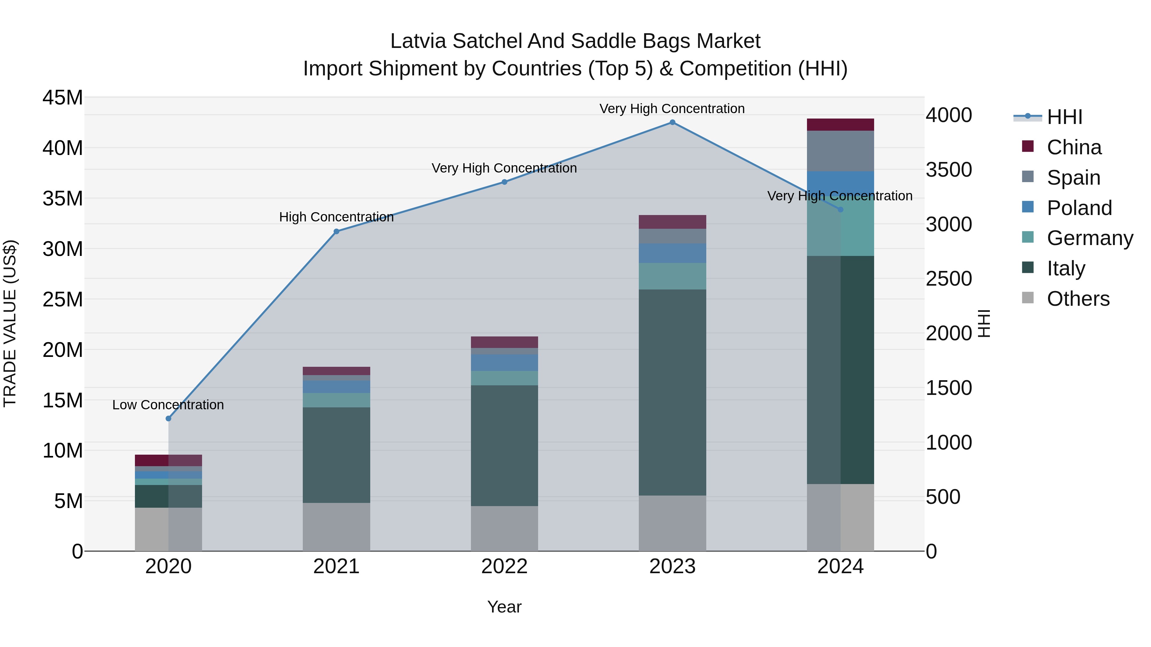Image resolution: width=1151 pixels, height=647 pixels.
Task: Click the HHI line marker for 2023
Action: [x=672, y=122]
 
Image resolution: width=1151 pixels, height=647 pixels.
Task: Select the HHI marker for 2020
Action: [x=168, y=418]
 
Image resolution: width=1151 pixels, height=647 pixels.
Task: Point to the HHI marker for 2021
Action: [x=336, y=231]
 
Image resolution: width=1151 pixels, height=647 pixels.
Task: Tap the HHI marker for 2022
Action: [x=505, y=182]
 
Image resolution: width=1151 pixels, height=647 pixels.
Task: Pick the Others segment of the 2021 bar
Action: [x=336, y=527]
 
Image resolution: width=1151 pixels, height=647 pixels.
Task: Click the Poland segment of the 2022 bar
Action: [x=505, y=363]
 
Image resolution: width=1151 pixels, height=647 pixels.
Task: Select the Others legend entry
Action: [x=1078, y=299]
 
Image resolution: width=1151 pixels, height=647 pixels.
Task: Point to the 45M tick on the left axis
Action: [x=63, y=97]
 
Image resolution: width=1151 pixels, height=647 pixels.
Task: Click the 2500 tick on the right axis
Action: [x=949, y=279]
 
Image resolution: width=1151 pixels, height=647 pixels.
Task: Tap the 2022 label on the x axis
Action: [x=505, y=566]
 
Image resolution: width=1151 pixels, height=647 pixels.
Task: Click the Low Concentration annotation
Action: [x=168, y=404]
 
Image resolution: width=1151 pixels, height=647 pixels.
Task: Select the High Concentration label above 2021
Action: [x=336, y=217]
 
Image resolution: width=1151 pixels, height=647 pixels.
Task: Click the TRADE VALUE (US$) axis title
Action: [x=10, y=323]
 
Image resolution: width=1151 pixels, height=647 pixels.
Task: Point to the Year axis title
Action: [x=505, y=607]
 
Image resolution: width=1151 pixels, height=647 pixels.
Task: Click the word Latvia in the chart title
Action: [x=418, y=41]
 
